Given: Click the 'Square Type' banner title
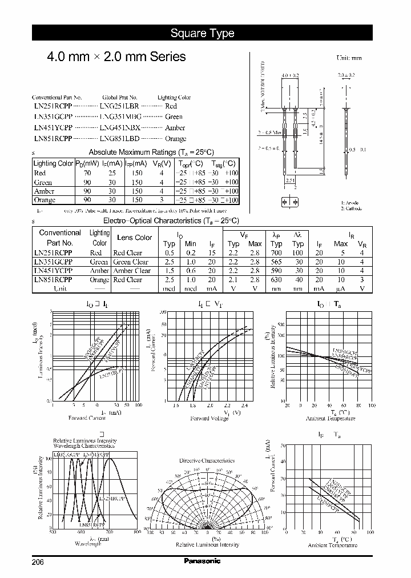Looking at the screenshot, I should pos(202,33).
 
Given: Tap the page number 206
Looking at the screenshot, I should pos(38,561).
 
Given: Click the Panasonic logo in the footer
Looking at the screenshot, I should pos(202,561).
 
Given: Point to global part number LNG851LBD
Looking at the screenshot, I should pos(119,138).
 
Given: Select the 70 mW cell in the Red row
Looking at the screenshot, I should pos(87,173).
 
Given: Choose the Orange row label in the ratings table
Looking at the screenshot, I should pos(45,200).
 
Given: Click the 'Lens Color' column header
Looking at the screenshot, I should pos(134,238).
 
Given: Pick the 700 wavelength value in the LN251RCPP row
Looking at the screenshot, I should pos(276,252).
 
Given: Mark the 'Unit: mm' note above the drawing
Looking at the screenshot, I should pos(349,58).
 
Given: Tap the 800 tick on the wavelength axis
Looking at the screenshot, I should pos(137,532).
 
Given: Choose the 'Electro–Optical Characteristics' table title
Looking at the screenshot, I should pos(171,220).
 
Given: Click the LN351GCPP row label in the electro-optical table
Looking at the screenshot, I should pos(53,262).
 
